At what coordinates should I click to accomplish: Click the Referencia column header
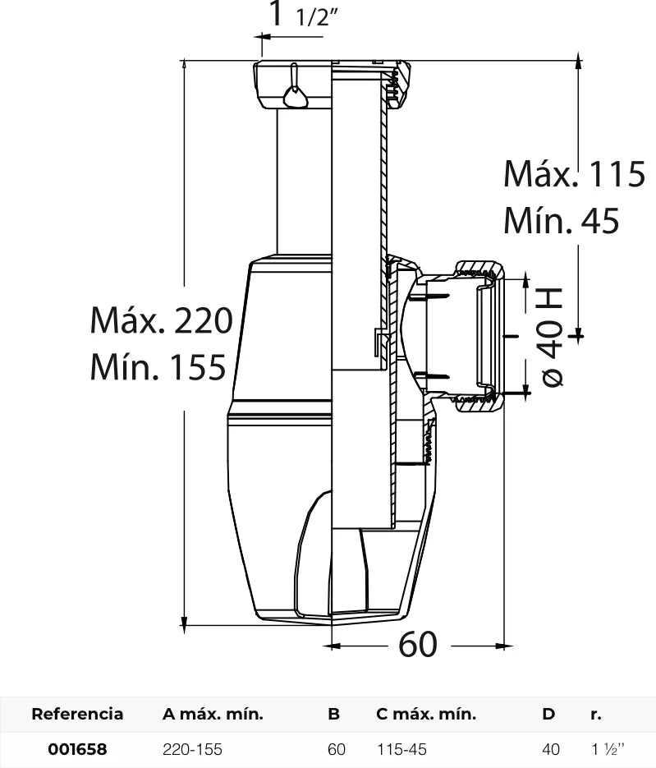click(77, 714)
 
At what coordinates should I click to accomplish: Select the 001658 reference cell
click(77, 749)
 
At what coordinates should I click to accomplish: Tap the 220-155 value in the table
click(192, 749)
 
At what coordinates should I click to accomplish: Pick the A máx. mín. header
click(213, 714)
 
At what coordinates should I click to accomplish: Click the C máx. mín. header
click(426, 714)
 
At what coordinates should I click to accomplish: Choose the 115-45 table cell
click(402, 749)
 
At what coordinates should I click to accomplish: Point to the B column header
click(334, 714)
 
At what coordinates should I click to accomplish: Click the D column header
click(548, 714)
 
